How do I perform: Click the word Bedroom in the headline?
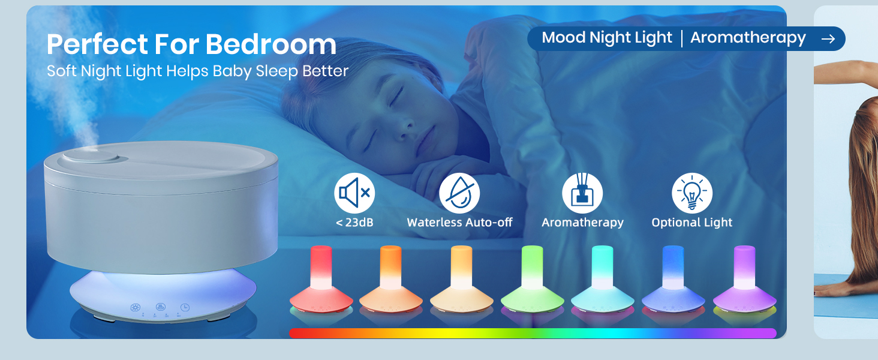tap(271, 44)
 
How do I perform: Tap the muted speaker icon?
tap(354, 193)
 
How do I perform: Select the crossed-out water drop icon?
tap(459, 193)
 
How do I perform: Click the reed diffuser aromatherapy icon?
tap(582, 193)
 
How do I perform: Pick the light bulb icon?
tap(691, 193)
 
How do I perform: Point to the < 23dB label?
tap(354, 223)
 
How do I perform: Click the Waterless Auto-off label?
tap(459, 223)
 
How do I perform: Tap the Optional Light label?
tap(691, 223)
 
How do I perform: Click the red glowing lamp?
tap(321, 279)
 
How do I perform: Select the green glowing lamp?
tap(532, 279)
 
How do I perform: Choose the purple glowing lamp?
tap(744, 279)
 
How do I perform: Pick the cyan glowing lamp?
tap(602, 279)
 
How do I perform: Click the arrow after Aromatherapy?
tap(828, 38)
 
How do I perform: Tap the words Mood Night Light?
tap(607, 38)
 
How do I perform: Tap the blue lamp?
tap(673, 279)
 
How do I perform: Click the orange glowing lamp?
tap(391, 279)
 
